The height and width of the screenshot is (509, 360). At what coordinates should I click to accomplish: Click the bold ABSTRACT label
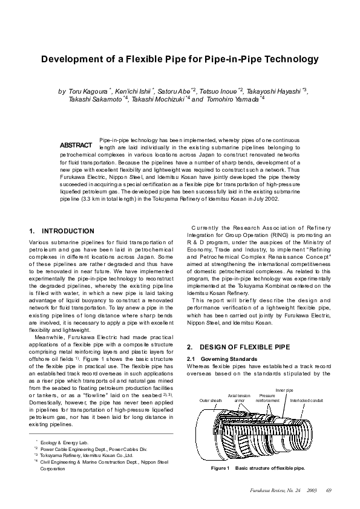(x=76, y=146)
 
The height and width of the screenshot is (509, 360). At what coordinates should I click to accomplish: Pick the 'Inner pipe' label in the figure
(x=284, y=391)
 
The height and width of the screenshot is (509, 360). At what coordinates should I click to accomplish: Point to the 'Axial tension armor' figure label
(x=240, y=398)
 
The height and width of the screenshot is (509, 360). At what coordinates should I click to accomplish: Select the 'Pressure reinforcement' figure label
(x=267, y=398)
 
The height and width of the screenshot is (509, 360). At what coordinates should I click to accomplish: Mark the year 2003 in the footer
(x=312, y=489)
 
